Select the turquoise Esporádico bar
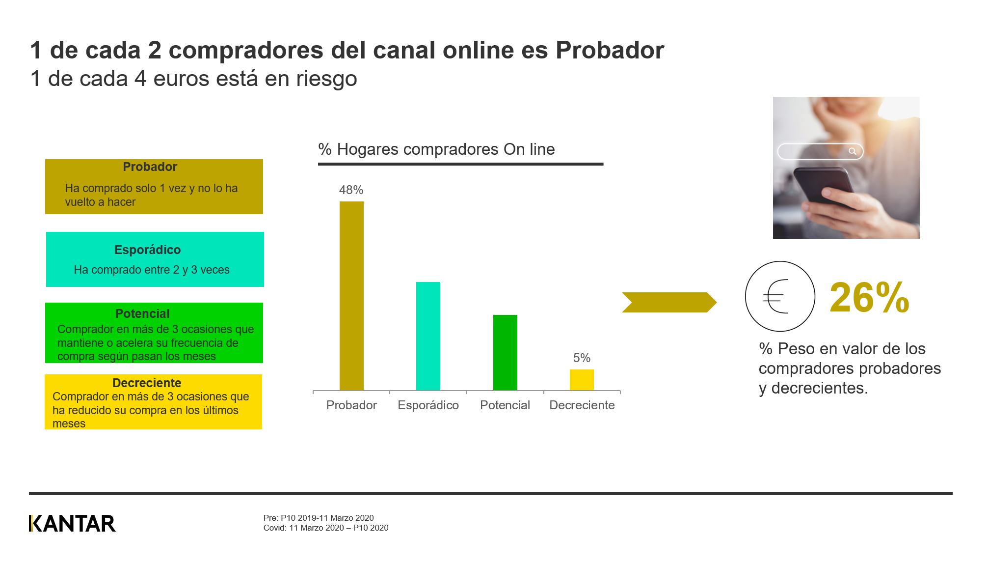click(428, 336)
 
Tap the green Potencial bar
click(505, 352)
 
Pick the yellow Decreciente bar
click(582, 380)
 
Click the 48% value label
click(351, 190)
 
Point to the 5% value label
click(582, 358)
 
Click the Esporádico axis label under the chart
click(428, 405)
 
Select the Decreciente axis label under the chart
click(582, 405)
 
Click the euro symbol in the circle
click(776, 296)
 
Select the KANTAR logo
click(72, 524)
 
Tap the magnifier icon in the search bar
click(853, 151)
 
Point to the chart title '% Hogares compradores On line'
click(436, 149)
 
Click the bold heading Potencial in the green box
click(142, 314)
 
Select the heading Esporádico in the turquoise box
click(147, 250)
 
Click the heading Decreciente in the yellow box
click(147, 383)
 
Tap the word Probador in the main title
click(610, 50)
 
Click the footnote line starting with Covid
click(326, 528)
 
